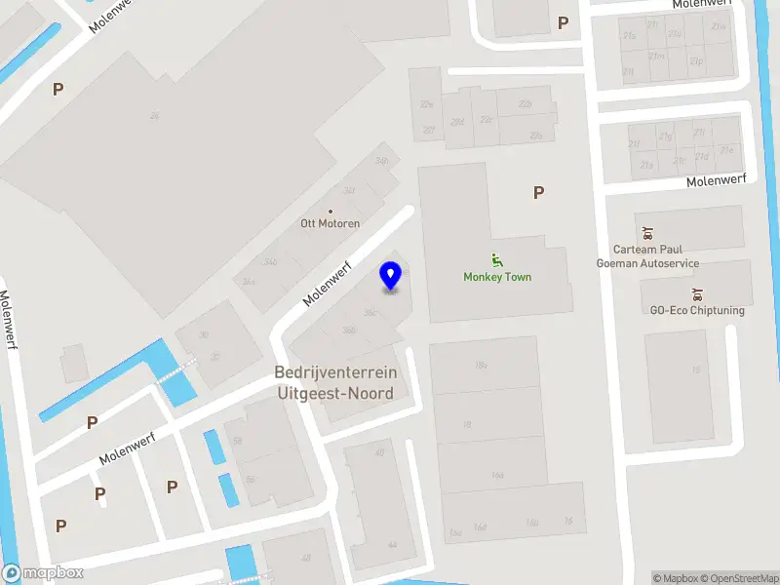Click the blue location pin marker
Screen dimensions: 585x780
(390, 276)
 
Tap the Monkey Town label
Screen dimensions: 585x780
(497, 277)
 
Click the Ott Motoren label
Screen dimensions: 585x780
(330, 223)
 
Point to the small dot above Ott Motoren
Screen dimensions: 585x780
(331, 210)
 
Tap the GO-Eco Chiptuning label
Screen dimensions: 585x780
(696, 310)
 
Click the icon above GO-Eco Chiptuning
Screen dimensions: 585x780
(696, 293)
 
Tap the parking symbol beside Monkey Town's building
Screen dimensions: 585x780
(538, 193)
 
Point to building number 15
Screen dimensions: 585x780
(695, 370)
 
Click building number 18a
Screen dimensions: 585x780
(481, 365)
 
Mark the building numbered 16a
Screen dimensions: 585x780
(497, 475)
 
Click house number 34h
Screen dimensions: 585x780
(381, 161)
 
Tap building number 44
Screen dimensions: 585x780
(392, 544)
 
